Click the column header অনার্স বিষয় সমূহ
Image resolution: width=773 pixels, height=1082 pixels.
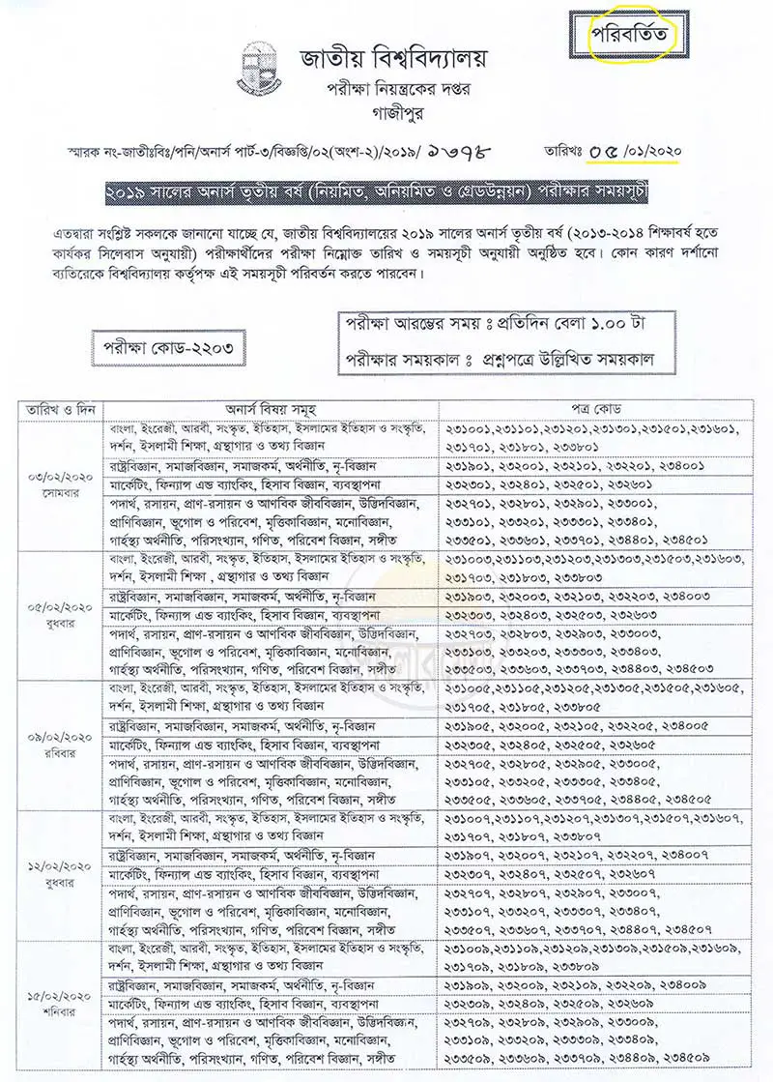[274, 409]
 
